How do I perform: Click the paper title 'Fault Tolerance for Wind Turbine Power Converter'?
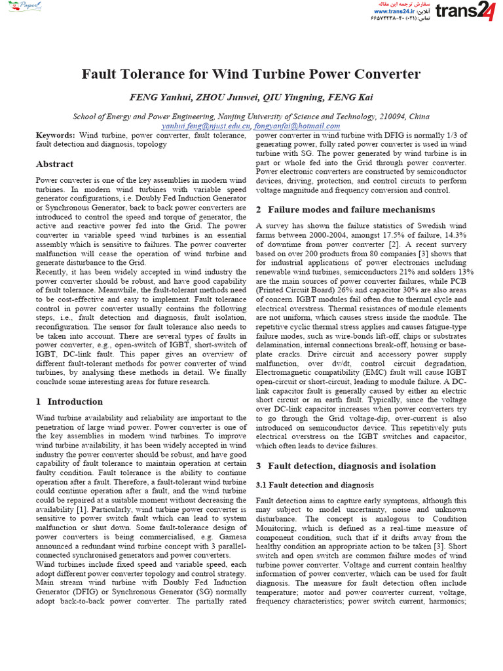click(251, 74)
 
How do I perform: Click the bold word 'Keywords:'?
click(55, 135)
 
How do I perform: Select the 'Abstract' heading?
click(54, 164)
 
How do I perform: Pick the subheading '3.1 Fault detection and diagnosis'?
click(314, 485)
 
